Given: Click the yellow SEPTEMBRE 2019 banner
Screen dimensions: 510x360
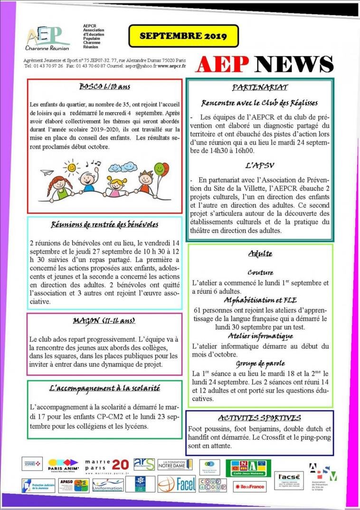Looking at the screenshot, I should pos(183,36).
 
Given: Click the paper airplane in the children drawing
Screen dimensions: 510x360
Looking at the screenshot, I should pos(46,173).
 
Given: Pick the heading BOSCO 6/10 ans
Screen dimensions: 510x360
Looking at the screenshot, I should pos(104,87).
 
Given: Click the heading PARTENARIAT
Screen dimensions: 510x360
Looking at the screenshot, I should pos(259,87).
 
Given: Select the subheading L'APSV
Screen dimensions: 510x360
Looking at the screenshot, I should pos(259,166).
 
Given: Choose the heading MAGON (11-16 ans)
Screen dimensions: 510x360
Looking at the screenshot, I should pos(104,321).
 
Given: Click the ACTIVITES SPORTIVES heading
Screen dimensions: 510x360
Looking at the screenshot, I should pos(259,418).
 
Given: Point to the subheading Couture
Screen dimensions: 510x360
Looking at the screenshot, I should pos(260,272).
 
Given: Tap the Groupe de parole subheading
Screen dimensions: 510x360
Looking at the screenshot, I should pos(260,364).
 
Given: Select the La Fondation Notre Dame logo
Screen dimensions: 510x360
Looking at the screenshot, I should pos(175,464).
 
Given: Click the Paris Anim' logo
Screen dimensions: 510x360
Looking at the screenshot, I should pos(63,463).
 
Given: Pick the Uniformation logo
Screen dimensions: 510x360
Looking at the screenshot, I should pos(107,485).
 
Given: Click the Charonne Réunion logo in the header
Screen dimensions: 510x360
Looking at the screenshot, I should pos(47,38).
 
